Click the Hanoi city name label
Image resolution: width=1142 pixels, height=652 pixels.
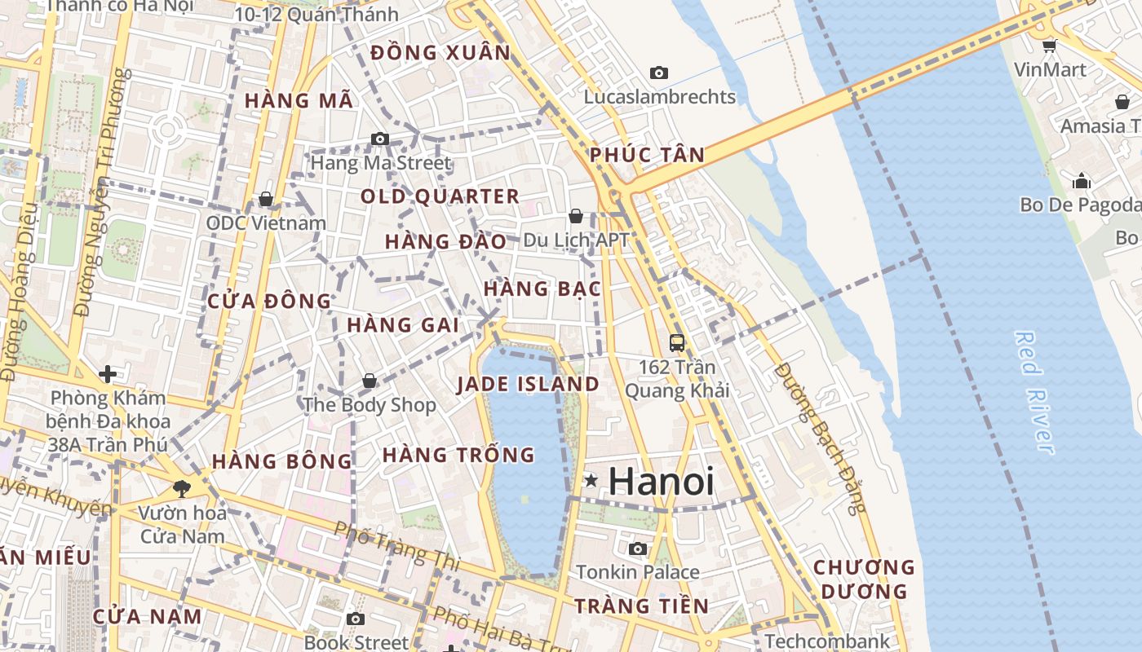coord(661,482)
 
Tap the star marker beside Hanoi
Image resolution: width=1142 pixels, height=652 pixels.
coord(591,482)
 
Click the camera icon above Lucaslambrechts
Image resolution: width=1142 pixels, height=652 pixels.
coord(659,73)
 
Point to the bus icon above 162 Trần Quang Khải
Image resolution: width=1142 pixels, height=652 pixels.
coord(677,343)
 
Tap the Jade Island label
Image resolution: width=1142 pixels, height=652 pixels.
coord(528,385)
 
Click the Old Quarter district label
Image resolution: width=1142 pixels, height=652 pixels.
coord(440,196)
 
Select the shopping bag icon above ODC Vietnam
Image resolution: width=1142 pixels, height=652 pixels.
coord(266,200)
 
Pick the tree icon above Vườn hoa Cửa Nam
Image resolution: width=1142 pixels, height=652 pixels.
coord(181,489)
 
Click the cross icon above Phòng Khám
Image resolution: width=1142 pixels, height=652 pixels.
coord(108,374)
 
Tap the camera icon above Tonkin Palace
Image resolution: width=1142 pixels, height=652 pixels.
coord(638,548)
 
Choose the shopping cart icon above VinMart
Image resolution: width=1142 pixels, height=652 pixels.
coord(1050,46)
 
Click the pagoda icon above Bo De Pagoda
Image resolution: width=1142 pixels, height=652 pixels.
coord(1082,180)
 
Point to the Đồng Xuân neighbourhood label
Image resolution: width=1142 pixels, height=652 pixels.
coord(440,53)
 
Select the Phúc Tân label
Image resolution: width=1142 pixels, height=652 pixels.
coord(647,155)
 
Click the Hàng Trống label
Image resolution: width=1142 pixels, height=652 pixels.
coord(458,455)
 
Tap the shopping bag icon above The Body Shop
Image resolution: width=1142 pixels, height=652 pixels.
coord(370,381)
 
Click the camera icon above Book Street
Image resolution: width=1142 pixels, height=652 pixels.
coord(356,619)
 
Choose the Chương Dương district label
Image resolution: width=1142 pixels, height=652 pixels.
coord(864,579)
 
